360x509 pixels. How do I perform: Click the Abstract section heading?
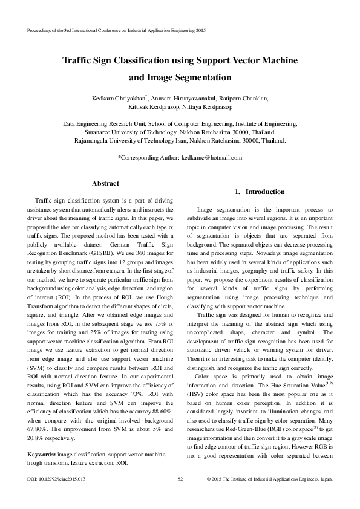coord(105,183)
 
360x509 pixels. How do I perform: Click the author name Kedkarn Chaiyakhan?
coord(123,98)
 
